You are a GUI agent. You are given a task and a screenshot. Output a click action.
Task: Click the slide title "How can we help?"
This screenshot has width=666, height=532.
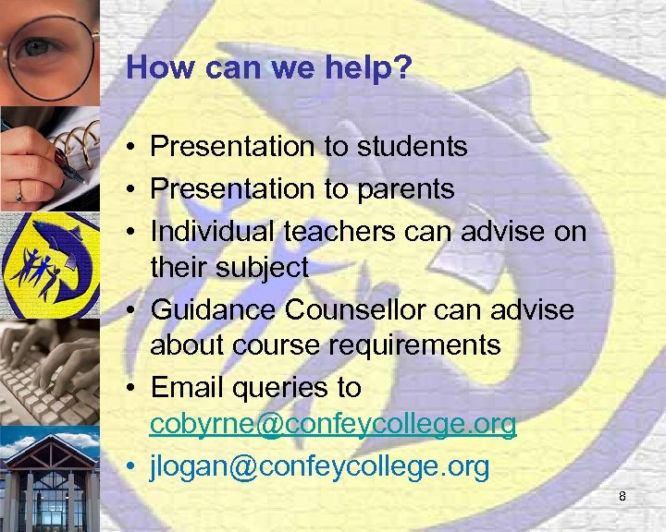click(x=269, y=67)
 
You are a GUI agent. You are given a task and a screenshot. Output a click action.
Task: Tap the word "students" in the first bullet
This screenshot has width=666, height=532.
click(x=406, y=146)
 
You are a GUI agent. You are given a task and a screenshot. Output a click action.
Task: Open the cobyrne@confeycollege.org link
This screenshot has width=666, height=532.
click(x=333, y=424)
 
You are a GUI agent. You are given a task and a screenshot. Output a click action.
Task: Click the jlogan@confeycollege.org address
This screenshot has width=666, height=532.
click(x=319, y=467)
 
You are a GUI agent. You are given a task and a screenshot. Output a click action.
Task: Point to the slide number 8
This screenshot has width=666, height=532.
click(x=623, y=497)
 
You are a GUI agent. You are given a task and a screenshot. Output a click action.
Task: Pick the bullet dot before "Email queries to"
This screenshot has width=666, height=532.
click(x=134, y=388)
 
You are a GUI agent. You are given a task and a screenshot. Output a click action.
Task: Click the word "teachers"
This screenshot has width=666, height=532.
click(x=350, y=231)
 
